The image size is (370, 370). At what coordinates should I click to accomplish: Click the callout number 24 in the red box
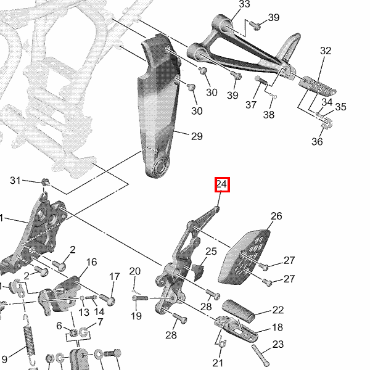[x=222, y=184]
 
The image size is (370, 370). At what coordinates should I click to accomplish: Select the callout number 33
[x=244, y=4]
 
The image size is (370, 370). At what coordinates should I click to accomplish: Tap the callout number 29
[x=197, y=136]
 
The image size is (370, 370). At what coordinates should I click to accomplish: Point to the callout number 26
[x=276, y=216]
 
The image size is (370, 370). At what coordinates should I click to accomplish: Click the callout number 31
[x=15, y=180]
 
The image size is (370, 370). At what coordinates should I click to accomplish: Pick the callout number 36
[x=317, y=142]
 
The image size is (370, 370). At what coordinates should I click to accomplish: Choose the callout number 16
[x=91, y=262]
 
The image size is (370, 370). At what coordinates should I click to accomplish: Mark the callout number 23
[x=278, y=344]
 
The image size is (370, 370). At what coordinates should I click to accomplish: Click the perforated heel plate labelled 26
[x=245, y=257]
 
